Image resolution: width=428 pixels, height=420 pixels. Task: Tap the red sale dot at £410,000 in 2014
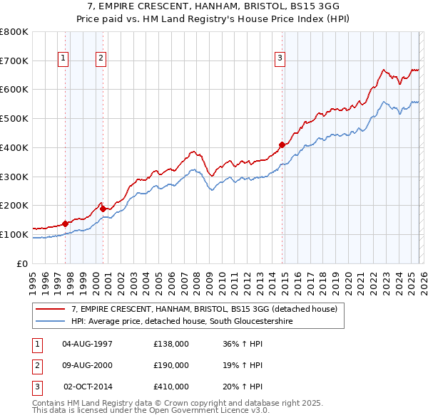tap(282, 145)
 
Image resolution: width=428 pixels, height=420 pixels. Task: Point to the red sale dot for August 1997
tap(65, 224)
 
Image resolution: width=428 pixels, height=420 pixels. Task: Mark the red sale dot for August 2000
tap(103, 209)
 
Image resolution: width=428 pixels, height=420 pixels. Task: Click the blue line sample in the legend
tap(52, 322)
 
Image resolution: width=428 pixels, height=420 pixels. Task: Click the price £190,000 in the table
tap(170, 365)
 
